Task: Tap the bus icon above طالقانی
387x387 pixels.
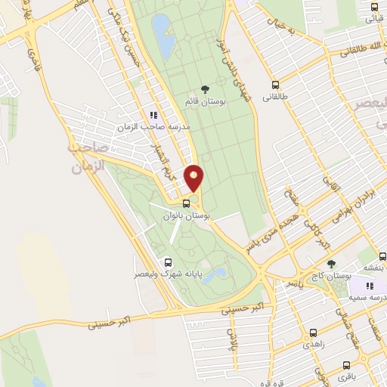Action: (274, 86)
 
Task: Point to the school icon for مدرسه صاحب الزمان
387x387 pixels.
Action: (153, 115)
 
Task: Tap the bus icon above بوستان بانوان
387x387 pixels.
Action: (186, 203)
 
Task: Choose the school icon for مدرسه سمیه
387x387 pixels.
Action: (370, 286)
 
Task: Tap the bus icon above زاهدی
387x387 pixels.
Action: (313, 333)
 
